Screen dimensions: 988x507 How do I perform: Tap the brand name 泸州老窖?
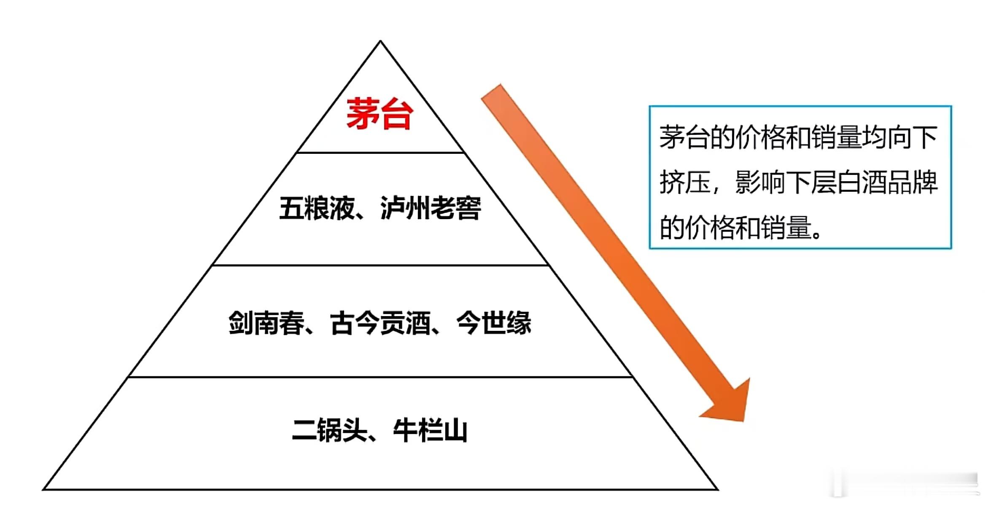click(x=431, y=208)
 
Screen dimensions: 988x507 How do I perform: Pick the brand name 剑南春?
click(x=266, y=323)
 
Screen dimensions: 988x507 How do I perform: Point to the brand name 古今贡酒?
click(x=380, y=323)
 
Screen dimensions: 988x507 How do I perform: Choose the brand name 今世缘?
click(x=494, y=323)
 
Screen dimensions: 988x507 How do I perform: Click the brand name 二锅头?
click(x=329, y=431)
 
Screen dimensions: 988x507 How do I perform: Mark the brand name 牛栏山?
click(x=430, y=431)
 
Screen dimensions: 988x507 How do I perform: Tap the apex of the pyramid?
click(x=380, y=41)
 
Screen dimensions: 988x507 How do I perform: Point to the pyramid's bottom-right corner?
click(x=717, y=489)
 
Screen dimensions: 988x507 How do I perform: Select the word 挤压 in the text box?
click(x=685, y=183)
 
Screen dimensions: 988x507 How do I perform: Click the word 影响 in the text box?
click(x=760, y=183)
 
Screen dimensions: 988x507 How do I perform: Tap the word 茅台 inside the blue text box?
click(x=684, y=137)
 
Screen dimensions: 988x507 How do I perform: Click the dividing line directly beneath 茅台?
click(x=380, y=153)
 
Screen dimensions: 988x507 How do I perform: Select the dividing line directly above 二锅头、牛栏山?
click(x=380, y=377)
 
